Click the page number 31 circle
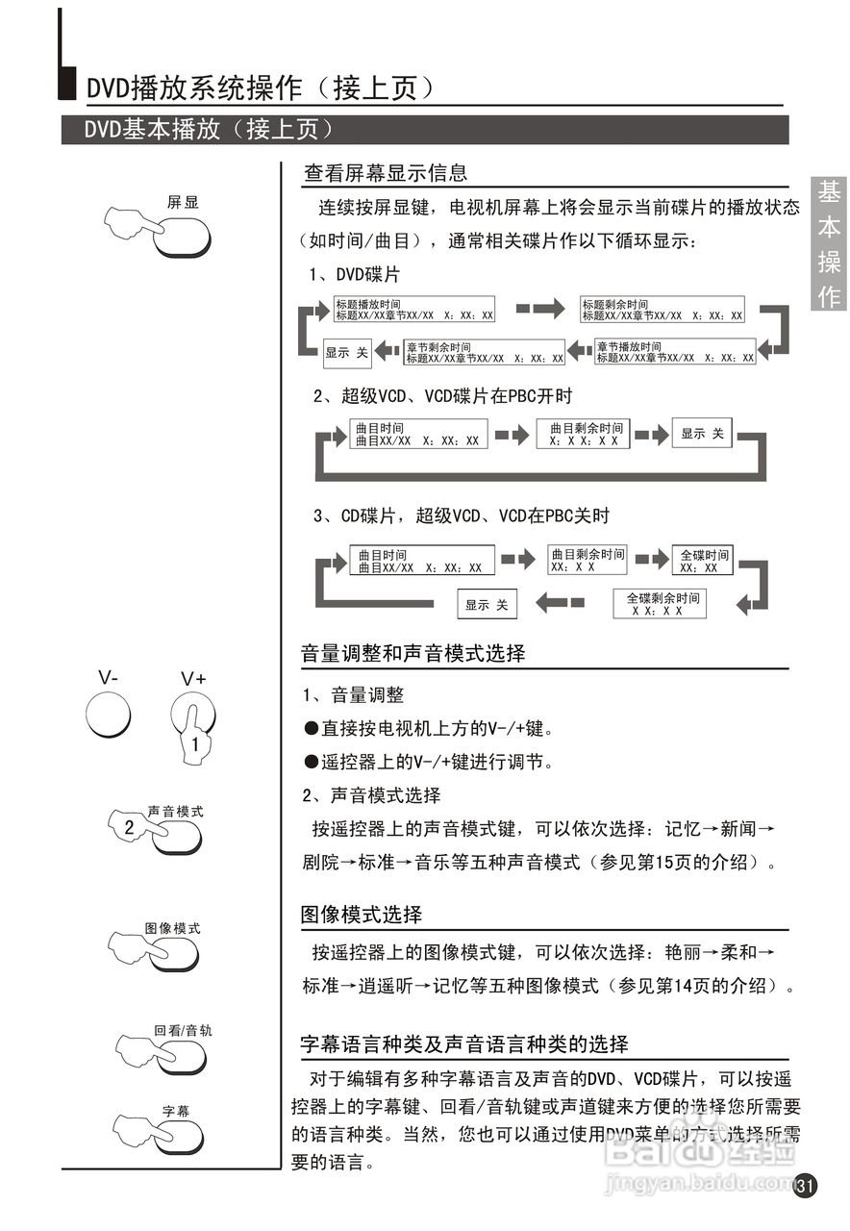[x=806, y=1186]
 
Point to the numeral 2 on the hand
[x=129, y=825]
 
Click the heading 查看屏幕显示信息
[x=385, y=173]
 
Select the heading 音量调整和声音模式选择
[x=413, y=654]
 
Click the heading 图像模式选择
[x=362, y=914]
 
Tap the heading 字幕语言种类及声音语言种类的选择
[x=464, y=1044]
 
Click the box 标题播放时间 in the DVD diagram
[x=413, y=310]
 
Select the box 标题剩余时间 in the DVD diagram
[x=662, y=310]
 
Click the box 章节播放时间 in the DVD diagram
[x=675, y=352]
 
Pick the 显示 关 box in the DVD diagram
[x=346, y=353]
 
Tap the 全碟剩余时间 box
[x=660, y=604]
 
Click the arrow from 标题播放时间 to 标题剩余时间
[x=540, y=309]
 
